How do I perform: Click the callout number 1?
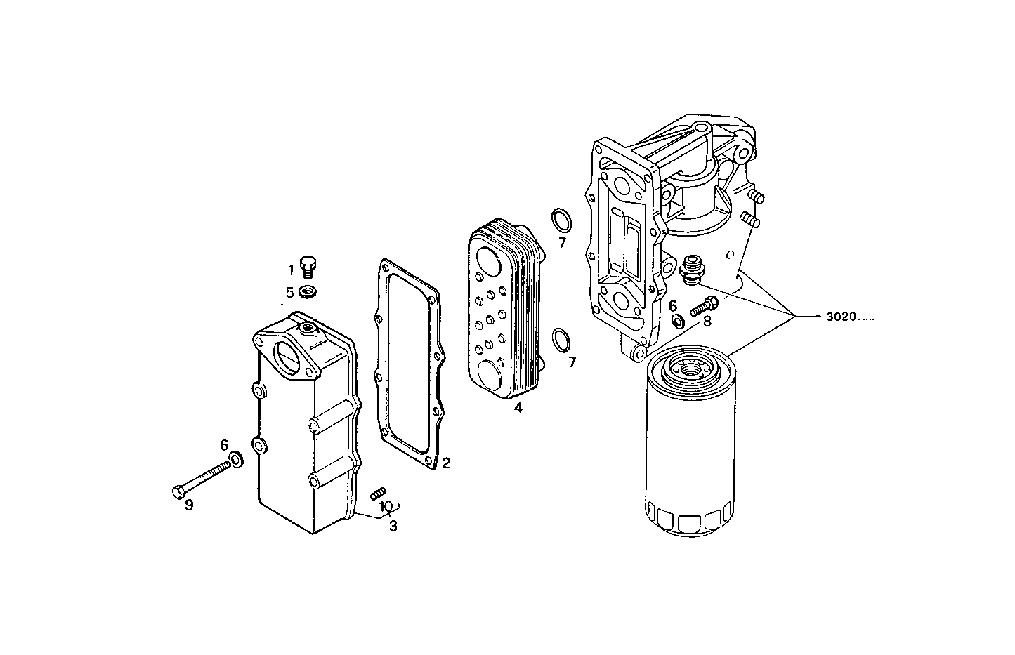coord(290,270)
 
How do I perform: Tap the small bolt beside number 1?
coord(308,266)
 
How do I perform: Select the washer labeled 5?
coord(308,291)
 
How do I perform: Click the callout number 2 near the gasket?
coord(446,463)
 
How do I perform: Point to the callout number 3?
coord(393,525)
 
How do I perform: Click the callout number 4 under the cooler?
coord(517,407)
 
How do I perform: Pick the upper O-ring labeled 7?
coord(561,219)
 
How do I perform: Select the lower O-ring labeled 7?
coord(562,340)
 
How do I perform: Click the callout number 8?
coord(707,321)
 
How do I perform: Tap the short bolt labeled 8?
coord(702,306)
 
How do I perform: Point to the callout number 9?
coord(189,505)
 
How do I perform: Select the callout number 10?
coord(386,506)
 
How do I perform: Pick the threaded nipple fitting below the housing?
coord(693,270)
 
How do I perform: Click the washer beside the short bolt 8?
coord(679,321)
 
